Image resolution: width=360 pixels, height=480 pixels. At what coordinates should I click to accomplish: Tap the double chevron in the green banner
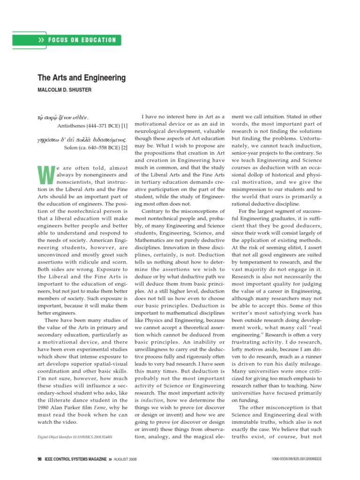pyautogui.click(x=45, y=40)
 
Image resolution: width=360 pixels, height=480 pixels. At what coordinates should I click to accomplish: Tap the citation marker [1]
pyautogui.click(x=124, y=126)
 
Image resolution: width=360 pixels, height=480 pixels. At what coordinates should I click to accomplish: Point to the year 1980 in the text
pyautogui.click(x=45, y=408)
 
